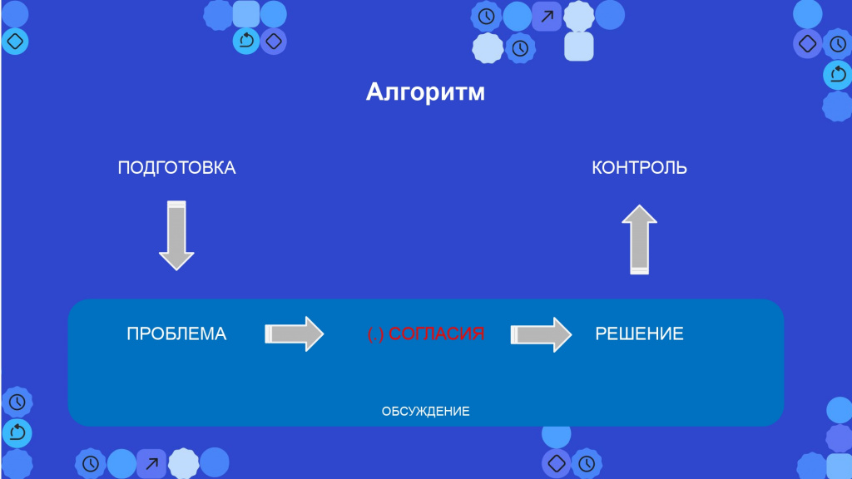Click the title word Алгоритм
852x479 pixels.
pyautogui.click(x=425, y=92)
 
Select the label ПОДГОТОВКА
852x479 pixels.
pyautogui.click(x=176, y=168)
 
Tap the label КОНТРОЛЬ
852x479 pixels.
pyautogui.click(x=639, y=168)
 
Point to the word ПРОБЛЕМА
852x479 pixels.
pyautogui.click(x=176, y=333)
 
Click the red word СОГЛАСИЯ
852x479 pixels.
pyautogui.click(x=436, y=333)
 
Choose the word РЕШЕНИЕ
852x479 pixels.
pyautogui.click(x=639, y=333)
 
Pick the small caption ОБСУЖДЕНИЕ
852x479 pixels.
pyautogui.click(x=425, y=412)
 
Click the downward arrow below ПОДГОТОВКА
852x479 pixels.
pyautogui.click(x=176, y=235)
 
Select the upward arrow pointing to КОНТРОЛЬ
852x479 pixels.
pyautogui.click(x=640, y=239)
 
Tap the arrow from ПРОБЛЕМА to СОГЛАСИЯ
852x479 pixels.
pyautogui.click(x=294, y=333)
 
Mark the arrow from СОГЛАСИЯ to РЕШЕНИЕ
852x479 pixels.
pyautogui.click(x=541, y=334)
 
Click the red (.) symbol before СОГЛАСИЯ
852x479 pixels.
pyautogui.click(x=375, y=334)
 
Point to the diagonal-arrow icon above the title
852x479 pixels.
pyautogui.click(x=547, y=17)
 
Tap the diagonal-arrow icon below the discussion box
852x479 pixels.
pyautogui.click(x=151, y=463)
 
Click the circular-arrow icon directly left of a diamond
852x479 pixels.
pyautogui.click(x=246, y=41)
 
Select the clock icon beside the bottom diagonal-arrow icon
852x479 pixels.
pyautogui.click(x=90, y=463)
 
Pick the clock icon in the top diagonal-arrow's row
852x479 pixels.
pyautogui.click(x=486, y=17)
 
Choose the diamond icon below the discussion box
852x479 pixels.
pyautogui.click(x=557, y=463)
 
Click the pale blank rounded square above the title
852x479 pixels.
pyautogui.click(x=579, y=47)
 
